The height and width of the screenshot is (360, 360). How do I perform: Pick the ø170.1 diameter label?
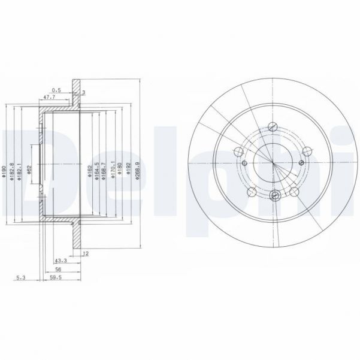113,168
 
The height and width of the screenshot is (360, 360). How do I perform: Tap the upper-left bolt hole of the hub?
237,151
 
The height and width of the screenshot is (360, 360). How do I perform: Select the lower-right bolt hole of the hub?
295,191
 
